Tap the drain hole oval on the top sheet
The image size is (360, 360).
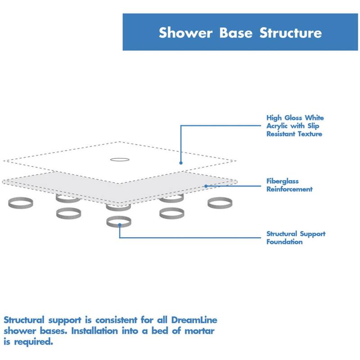point(120,159)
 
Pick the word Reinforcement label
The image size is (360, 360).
point(289,189)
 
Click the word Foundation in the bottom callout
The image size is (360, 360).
point(284,242)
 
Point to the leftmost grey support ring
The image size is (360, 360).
point(20,202)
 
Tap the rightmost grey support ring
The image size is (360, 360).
point(220,202)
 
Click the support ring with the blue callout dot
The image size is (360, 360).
point(119,221)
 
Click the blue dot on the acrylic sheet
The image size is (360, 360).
point(180,163)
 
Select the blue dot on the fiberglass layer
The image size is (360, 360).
point(206,185)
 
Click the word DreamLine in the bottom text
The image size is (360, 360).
point(195,320)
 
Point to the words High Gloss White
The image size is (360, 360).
point(295,118)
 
